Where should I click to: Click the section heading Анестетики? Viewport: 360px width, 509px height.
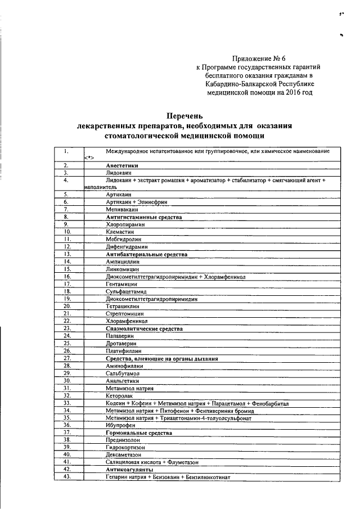click(x=123, y=166)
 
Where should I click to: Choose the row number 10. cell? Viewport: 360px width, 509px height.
click(x=67, y=231)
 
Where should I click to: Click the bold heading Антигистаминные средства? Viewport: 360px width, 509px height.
click(x=144, y=217)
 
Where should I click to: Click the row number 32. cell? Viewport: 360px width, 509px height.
click(x=67, y=395)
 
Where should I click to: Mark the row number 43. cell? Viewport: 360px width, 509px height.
click(x=67, y=476)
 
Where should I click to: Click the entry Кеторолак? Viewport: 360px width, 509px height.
click(x=120, y=395)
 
